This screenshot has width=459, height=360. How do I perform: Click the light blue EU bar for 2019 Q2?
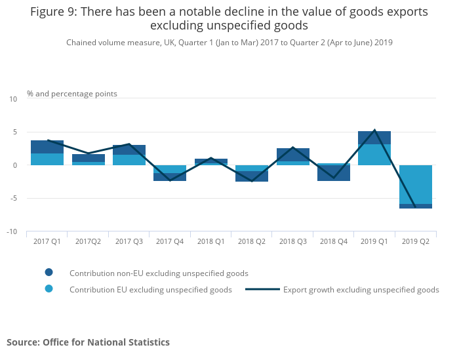pos(415,184)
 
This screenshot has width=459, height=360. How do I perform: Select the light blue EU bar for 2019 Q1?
pos(374,155)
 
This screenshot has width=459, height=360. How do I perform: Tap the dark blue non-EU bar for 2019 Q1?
pos(374,138)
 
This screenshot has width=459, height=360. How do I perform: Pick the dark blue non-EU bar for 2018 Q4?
pos(333,172)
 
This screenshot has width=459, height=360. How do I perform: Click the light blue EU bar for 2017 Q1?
pos(47,159)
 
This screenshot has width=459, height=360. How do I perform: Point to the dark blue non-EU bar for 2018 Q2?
pos(252,176)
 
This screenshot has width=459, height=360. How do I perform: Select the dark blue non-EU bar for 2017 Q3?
pos(129,150)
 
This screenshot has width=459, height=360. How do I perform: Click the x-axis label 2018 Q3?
pos(292,241)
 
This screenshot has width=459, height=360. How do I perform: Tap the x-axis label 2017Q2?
pos(88,241)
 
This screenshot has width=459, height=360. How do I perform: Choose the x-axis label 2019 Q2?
pos(415,241)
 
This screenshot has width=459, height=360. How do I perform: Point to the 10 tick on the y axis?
pos(13,99)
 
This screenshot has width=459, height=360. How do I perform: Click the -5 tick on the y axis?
pos(13,199)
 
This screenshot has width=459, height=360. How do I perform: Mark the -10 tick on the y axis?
pos(12,231)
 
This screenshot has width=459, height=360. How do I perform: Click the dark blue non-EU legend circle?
pos(49,272)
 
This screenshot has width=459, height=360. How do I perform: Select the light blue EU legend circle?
pos(49,289)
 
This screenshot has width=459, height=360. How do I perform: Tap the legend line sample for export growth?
pos(262,289)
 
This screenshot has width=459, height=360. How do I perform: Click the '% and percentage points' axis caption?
pos(72,94)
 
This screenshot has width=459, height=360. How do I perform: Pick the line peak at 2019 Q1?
pos(374,130)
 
